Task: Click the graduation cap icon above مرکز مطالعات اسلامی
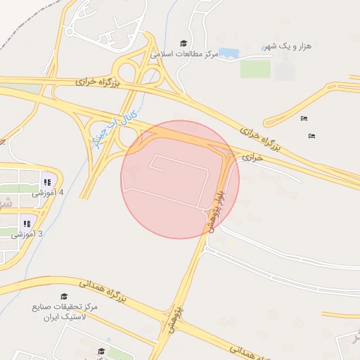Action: [x=184, y=43]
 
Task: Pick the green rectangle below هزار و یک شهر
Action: [x=255, y=69]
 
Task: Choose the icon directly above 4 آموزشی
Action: [x=47, y=181]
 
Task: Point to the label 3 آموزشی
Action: [x=27, y=234]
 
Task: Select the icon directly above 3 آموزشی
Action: [x=27, y=223]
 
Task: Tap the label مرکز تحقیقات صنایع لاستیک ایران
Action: [x=65, y=313]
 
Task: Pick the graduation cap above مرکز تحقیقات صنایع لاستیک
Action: [x=64, y=297]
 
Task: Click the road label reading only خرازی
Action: [x=252, y=158]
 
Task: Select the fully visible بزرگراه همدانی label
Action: [x=101, y=292]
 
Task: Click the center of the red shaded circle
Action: [x=180, y=179]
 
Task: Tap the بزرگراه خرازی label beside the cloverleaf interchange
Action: [x=99, y=84]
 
